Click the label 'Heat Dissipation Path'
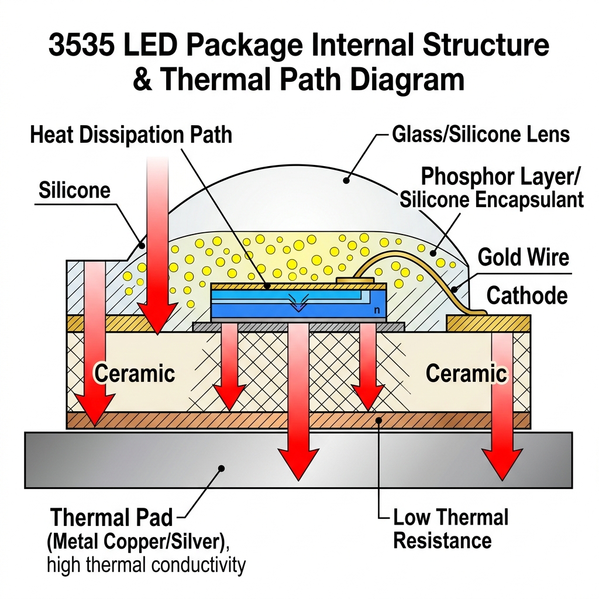(130, 135)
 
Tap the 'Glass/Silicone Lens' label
(480, 135)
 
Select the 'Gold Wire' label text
(523, 257)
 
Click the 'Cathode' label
(526, 295)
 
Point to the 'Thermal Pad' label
(111, 518)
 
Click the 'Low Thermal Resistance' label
(450, 529)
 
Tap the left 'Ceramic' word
(135, 373)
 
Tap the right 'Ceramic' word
(466, 373)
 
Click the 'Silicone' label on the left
(74, 190)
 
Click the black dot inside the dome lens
(346, 181)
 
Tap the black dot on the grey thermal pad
(221, 468)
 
